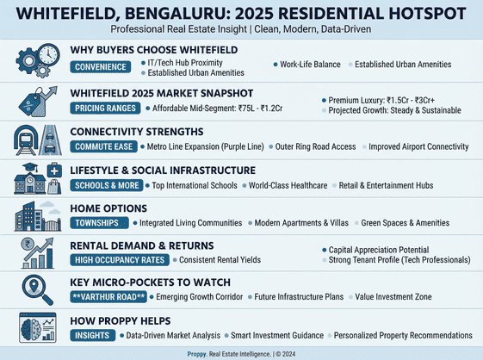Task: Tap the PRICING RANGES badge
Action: [x=105, y=109]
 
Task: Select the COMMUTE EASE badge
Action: [x=104, y=147]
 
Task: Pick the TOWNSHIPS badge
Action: [x=96, y=222]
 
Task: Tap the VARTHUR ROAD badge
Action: [x=108, y=297]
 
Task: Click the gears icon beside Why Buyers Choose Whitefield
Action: [x=35, y=60]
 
